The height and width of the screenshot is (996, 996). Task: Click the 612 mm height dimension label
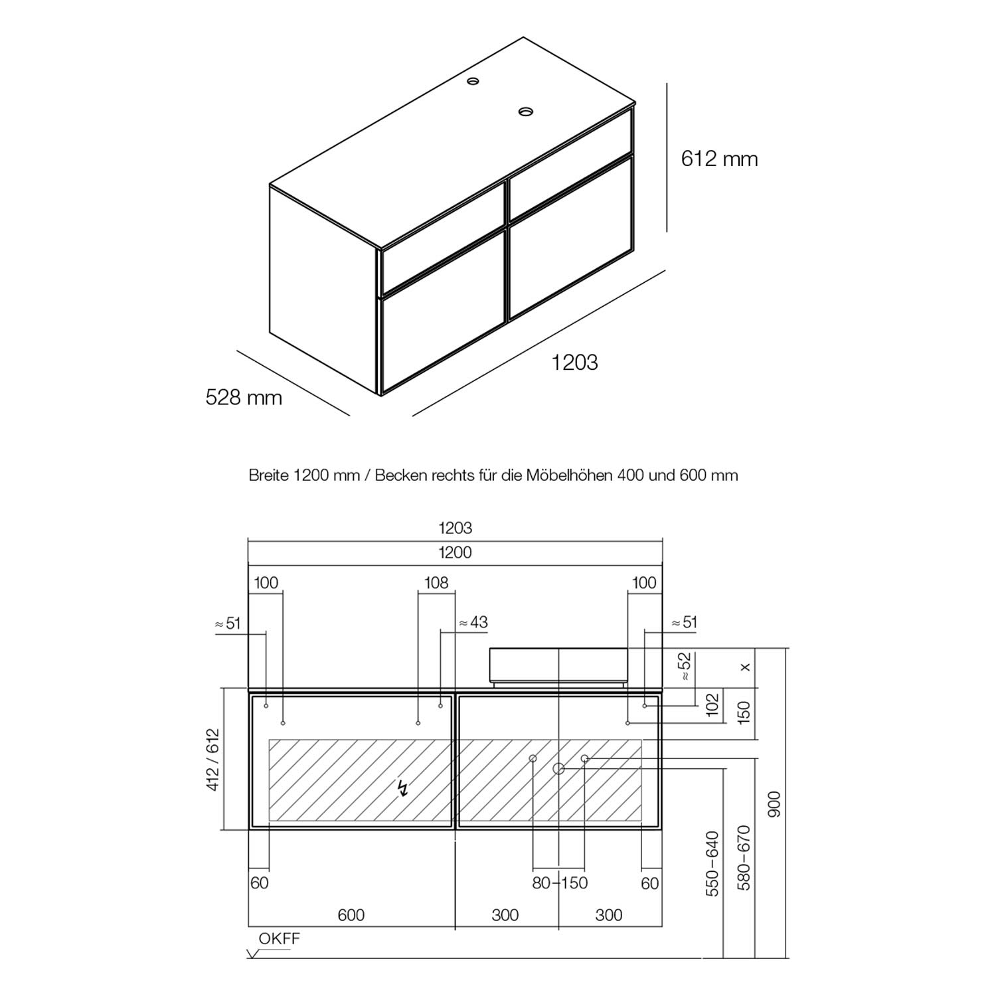(x=719, y=159)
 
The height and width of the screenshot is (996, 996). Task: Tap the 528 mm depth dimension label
(x=244, y=397)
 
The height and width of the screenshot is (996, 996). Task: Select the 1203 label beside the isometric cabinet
(x=574, y=362)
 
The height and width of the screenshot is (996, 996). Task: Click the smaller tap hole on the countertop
(x=473, y=81)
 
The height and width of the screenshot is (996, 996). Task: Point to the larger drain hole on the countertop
(x=527, y=112)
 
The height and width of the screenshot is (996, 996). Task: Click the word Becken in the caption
(x=401, y=475)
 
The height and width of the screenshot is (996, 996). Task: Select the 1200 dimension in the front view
(x=455, y=552)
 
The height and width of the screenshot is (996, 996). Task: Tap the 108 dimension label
(x=436, y=583)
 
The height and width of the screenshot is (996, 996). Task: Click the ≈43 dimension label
(x=473, y=622)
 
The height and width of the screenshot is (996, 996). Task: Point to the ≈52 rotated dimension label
(x=685, y=666)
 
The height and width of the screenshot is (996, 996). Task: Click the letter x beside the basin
(x=746, y=667)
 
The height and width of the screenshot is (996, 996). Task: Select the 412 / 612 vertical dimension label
(x=212, y=760)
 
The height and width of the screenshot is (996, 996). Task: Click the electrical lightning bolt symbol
(x=402, y=788)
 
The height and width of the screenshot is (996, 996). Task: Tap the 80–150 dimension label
(x=560, y=883)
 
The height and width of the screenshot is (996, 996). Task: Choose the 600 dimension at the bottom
(x=351, y=915)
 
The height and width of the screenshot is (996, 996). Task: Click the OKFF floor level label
(x=280, y=938)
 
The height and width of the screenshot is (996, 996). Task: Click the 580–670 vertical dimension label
(x=744, y=858)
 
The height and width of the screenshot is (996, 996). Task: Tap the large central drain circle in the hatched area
(x=558, y=768)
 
